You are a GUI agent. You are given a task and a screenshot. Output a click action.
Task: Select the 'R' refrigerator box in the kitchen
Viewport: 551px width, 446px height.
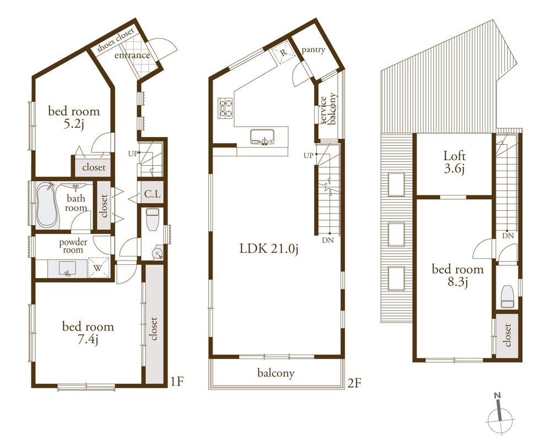click(x=283, y=53)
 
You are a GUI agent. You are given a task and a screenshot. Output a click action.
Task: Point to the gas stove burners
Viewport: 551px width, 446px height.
click(x=226, y=108)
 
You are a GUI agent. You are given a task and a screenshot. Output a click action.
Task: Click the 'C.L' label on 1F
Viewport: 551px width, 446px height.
click(x=152, y=194)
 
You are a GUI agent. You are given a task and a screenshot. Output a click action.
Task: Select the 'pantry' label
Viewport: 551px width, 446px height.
click(x=314, y=50)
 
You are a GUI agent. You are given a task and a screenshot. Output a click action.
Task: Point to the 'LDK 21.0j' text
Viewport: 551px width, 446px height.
click(x=268, y=248)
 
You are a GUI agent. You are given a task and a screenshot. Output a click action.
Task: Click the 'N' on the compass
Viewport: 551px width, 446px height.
click(x=497, y=395)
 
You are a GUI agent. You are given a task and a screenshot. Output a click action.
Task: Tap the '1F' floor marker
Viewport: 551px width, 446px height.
click(x=177, y=380)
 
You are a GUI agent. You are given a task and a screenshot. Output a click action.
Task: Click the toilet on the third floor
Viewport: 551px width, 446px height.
click(x=507, y=298)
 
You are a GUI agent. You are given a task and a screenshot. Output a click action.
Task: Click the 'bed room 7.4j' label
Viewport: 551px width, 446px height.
click(x=88, y=333)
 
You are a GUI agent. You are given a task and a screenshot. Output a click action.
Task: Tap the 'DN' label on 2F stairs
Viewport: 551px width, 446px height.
click(x=327, y=240)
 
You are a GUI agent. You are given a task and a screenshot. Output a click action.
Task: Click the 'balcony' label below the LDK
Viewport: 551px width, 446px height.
click(x=276, y=373)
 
